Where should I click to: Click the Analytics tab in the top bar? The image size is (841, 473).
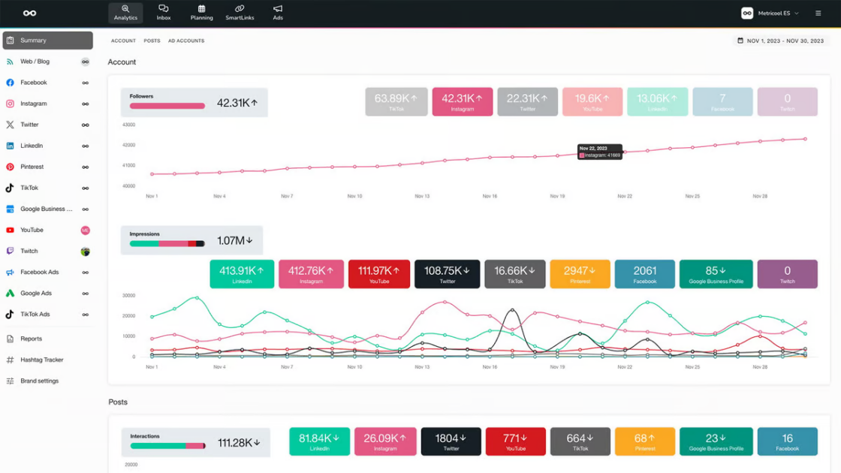pos(125,13)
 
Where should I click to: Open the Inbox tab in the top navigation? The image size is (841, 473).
pos(164,13)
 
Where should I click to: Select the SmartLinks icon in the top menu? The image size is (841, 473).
pos(240,13)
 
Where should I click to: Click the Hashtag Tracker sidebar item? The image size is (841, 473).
pos(41,360)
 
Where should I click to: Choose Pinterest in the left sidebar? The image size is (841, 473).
pos(32,167)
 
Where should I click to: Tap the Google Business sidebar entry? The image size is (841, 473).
pos(46,209)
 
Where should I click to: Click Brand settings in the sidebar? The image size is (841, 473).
pos(39,381)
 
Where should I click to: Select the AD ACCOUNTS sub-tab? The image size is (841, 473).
pos(186,41)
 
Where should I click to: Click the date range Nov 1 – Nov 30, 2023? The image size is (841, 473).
pos(780,41)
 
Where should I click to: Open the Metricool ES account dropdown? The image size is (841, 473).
pos(770,13)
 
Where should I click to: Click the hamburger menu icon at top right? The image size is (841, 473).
pos(818,13)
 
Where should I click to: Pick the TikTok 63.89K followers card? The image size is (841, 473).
pos(396,101)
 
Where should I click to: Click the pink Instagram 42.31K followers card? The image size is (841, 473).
pos(462,101)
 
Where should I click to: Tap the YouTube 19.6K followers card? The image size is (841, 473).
pos(592,101)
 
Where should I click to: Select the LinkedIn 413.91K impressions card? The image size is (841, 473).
pos(242,274)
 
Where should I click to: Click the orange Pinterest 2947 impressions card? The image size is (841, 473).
pos(580,274)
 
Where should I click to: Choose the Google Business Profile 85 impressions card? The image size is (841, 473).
pos(716,274)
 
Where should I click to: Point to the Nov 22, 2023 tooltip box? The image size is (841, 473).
pos(600,152)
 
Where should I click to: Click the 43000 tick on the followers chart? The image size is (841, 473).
pos(128,125)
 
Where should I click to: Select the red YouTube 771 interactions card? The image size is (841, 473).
pos(515,441)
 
